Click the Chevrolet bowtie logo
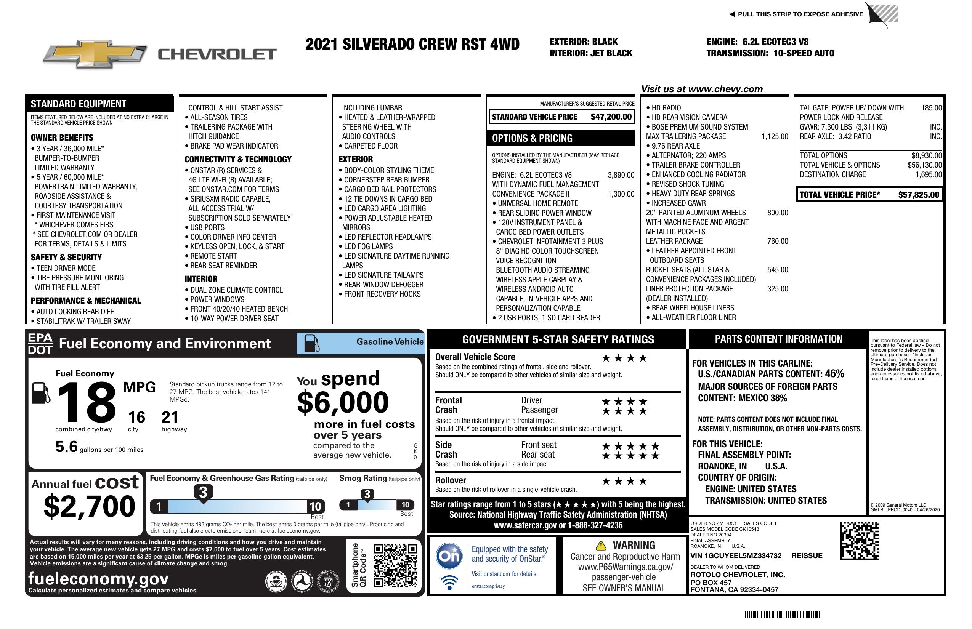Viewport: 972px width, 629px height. tap(95, 54)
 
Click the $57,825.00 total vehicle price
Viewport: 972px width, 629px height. tap(919, 195)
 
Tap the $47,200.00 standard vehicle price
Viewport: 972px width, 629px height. tap(611, 117)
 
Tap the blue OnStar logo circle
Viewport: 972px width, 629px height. tap(449, 555)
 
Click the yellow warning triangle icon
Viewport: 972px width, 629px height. tap(601, 545)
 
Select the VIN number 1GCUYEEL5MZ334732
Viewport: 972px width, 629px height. tap(736, 555)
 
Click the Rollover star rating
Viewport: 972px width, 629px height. tap(624, 481)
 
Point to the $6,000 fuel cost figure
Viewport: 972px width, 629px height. tap(343, 402)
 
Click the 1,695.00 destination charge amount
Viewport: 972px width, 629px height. tap(928, 175)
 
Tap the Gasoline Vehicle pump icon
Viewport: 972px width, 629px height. tap(312, 343)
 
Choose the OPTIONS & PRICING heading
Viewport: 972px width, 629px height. tap(532, 138)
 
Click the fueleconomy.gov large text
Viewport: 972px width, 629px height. tap(98, 578)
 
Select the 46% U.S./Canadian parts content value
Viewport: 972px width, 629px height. tap(834, 373)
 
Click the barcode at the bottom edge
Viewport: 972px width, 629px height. tap(782, 614)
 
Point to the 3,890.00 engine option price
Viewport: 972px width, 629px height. tap(621, 175)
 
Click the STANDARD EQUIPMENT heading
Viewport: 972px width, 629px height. tap(79, 104)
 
